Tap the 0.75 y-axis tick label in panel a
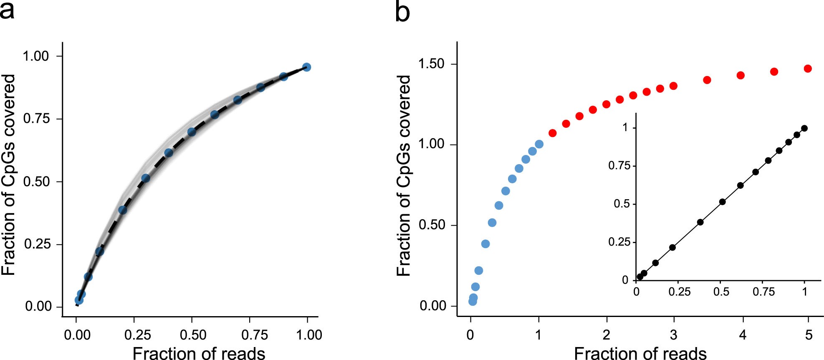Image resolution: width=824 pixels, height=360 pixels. tap(36, 119)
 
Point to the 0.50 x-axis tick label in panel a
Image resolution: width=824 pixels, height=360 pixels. tap(193, 335)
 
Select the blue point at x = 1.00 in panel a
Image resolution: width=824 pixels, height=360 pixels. tap(306, 67)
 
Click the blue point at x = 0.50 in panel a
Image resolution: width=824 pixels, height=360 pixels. tap(192, 132)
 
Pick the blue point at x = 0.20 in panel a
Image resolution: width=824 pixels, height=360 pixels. tap(122, 210)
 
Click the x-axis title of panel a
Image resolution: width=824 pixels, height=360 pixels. tap(199, 353)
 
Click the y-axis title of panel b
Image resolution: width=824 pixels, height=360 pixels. tap(403, 175)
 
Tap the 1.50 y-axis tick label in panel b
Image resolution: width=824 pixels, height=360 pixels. tap(431, 64)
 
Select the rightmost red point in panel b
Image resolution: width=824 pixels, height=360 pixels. tap(808, 68)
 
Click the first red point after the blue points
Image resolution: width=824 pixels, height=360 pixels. tap(553, 133)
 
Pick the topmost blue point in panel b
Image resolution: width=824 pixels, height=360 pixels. tap(539, 144)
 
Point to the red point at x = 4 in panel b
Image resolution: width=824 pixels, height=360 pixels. tap(741, 76)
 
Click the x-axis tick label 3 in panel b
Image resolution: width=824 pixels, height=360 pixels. tap(674, 335)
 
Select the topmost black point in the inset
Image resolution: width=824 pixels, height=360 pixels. tap(804, 128)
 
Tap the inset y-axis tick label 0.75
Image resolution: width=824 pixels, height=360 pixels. tap(619, 166)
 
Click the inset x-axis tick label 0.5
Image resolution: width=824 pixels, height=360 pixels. tap(721, 292)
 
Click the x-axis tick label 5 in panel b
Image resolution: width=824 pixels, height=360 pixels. tap(809, 335)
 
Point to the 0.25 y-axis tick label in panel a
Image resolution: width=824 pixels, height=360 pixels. tap(36, 244)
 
